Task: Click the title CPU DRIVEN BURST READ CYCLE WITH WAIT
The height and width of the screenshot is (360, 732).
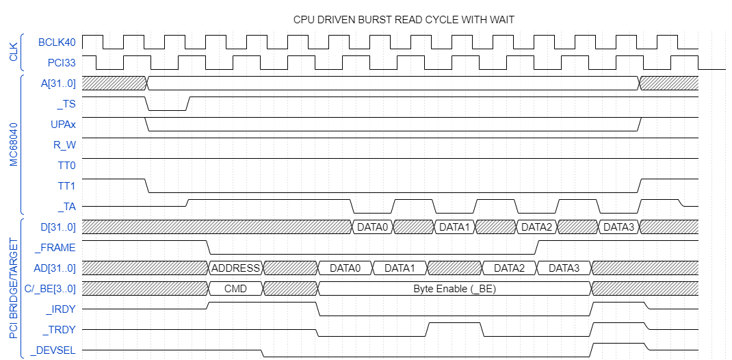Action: tap(404, 20)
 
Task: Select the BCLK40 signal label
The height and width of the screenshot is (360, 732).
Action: tap(57, 42)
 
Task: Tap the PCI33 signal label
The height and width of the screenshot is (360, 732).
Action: tap(62, 63)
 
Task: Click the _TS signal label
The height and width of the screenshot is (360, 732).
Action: tap(66, 104)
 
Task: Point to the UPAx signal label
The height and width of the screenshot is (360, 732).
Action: tap(62, 125)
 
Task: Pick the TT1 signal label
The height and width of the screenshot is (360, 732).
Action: tap(66, 186)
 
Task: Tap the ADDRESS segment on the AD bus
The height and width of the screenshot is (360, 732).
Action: tap(235, 268)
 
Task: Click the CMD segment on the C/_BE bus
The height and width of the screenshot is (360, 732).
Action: tap(235, 289)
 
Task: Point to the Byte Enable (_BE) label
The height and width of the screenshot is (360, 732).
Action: tap(454, 289)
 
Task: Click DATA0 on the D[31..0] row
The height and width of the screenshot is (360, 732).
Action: tap(372, 227)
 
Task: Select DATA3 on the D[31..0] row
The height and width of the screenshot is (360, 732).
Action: tap(618, 227)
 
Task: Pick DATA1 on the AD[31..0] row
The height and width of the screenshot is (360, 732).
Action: tap(400, 268)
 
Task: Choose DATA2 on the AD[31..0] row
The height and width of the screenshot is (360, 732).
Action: tap(509, 268)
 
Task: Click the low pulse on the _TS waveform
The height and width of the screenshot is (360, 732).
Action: tap(168, 110)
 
